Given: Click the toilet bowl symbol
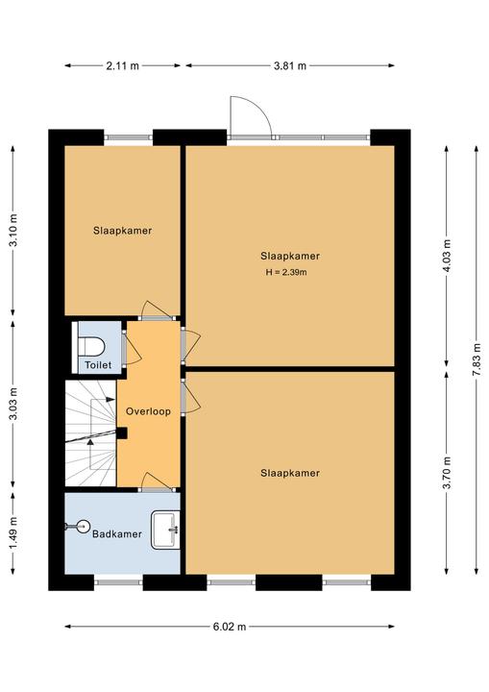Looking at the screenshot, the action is coord(91,346).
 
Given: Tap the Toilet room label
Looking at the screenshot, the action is coord(98,365).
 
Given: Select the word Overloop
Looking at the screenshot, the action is coord(148,411).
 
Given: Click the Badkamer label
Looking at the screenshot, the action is coord(117,534).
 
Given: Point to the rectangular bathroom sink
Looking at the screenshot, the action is coord(165,530).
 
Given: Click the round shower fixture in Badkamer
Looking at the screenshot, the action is coord(82,526).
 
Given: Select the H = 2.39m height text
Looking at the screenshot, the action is coord(286,272).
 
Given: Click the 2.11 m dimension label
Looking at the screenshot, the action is coord(122,65).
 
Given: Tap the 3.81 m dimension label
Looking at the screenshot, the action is coord(289,65).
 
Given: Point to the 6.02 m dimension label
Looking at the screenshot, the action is coord(230,627).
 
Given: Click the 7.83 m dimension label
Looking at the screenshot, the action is coord(477,359).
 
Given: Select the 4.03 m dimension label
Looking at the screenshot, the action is coord(447,256).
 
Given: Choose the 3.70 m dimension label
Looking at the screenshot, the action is coord(447,473).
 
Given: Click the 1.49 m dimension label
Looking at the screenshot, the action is coord(13,533).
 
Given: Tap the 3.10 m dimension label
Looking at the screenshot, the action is coord(13,231).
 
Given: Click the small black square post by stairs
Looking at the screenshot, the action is coord(122,433).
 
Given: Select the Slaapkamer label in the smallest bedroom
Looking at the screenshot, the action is coord(122,231).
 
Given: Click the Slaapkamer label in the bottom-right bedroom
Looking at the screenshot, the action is coord(290,473).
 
